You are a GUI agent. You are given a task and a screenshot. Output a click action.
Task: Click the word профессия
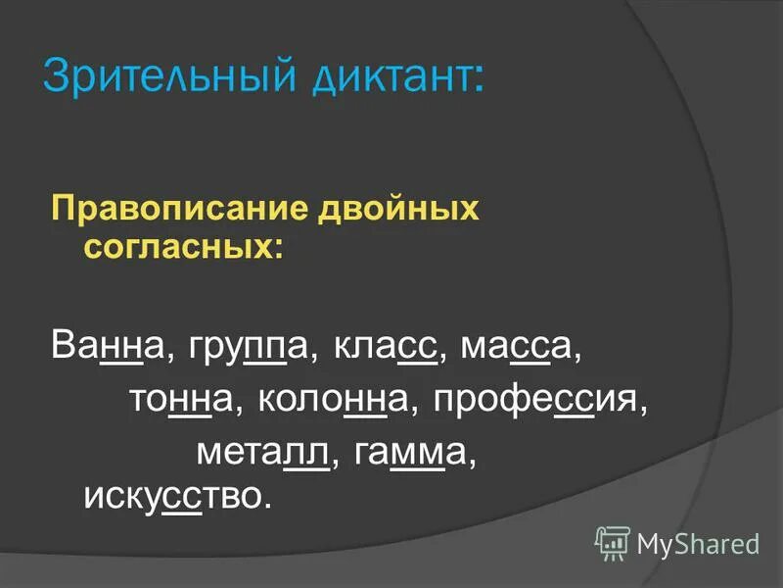click(x=539, y=400)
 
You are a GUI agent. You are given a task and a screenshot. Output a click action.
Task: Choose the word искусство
click(x=175, y=495)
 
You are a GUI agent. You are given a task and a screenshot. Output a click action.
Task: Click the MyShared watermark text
click(x=698, y=542)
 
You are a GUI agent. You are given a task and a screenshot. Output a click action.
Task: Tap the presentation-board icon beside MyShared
click(x=613, y=541)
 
